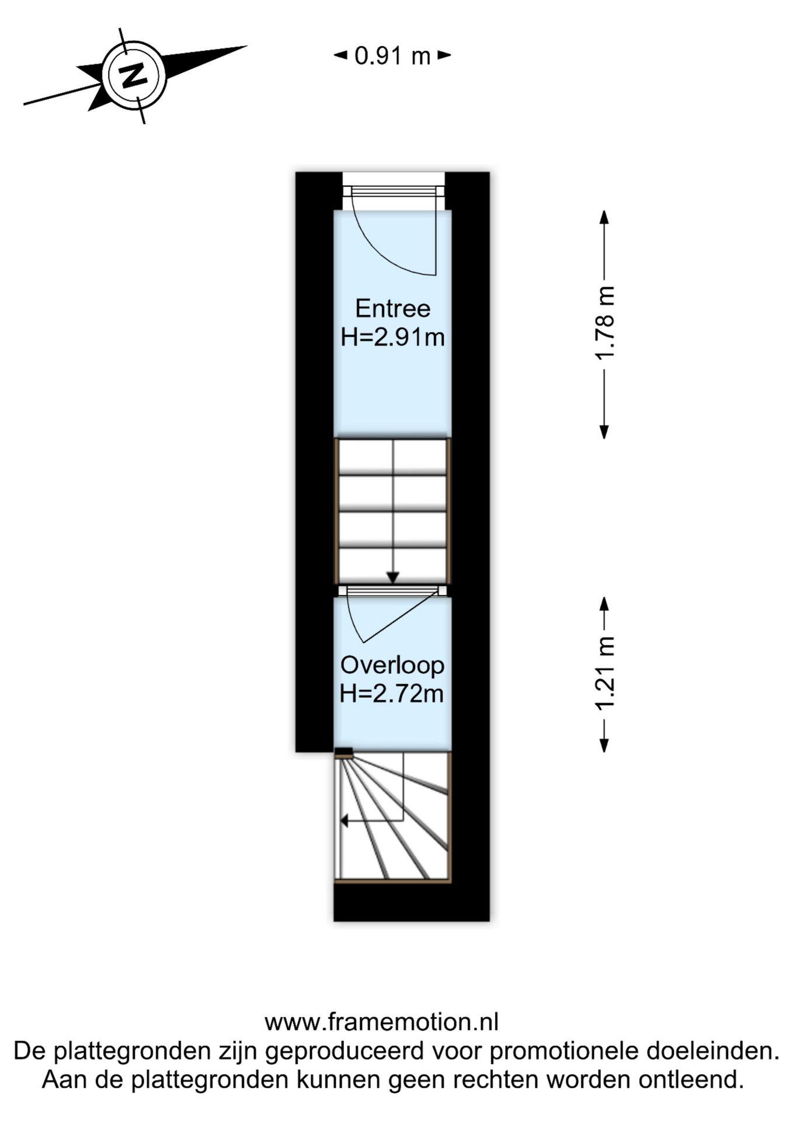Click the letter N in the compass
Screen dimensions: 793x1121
click(134, 75)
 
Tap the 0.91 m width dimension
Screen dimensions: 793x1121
click(392, 56)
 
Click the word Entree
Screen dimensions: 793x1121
click(392, 308)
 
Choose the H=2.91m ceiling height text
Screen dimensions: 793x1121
click(392, 337)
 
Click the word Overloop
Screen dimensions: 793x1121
click(392, 665)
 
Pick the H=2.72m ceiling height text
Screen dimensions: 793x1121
click(392, 694)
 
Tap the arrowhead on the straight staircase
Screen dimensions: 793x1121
click(393, 577)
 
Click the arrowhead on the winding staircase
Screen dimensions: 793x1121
click(345, 821)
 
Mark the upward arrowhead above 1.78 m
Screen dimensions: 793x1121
click(605, 217)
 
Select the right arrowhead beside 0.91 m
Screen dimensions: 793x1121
click(445, 55)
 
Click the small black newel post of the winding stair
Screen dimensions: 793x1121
click(344, 753)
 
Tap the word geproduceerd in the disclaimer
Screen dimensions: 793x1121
click(344, 1051)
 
